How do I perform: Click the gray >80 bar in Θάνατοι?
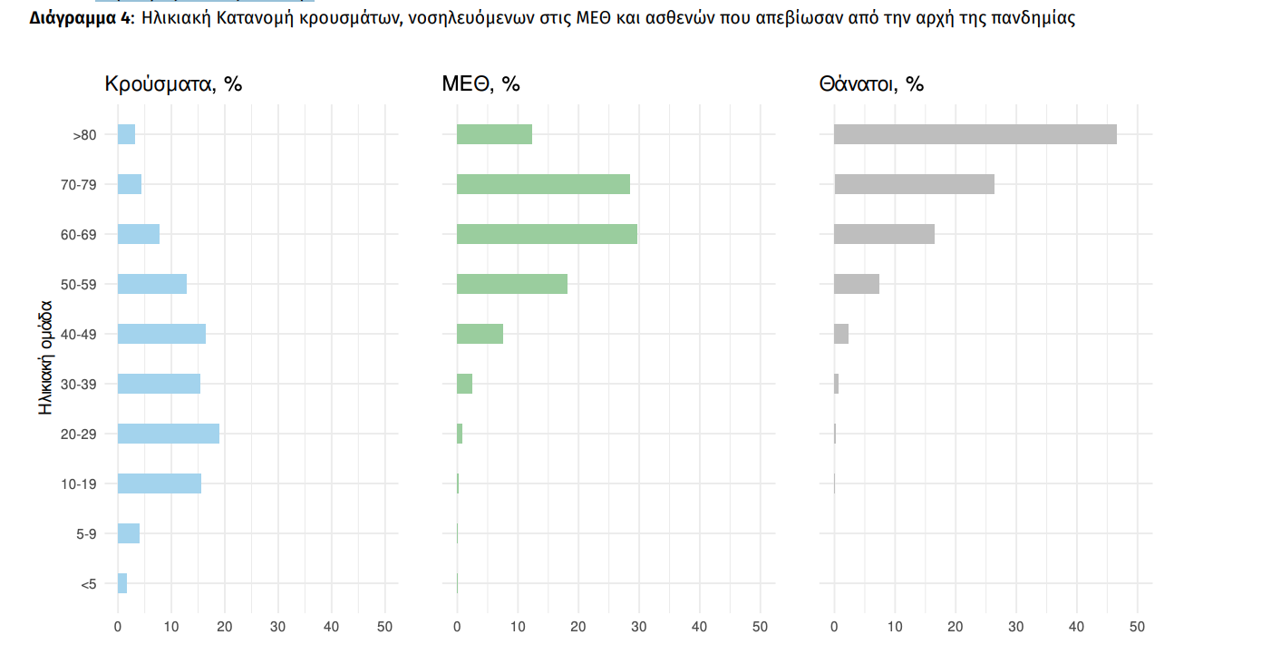[975, 134]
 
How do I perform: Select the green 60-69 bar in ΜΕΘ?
[547, 234]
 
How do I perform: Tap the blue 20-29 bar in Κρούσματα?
[169, 434]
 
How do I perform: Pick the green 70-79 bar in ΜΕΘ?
[543, 184]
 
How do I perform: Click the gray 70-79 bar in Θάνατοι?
[914, 184]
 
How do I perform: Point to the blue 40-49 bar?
[161, 334]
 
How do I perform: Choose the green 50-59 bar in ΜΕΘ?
[512, 284]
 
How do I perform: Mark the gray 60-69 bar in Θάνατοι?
[884, 234]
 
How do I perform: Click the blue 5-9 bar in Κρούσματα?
[129, 533]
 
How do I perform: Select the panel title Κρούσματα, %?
[173, 84]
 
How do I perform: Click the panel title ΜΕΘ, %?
[480, 84]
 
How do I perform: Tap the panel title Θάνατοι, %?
[871, 84]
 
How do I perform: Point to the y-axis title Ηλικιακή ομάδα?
[46, 358]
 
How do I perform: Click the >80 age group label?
[84, 135]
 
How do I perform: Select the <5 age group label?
[88, 584]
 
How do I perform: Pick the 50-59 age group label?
[79, 285]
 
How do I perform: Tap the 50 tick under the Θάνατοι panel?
[1137, 626]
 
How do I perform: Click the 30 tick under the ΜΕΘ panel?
[639, 626]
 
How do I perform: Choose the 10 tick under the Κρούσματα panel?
[171, 626]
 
